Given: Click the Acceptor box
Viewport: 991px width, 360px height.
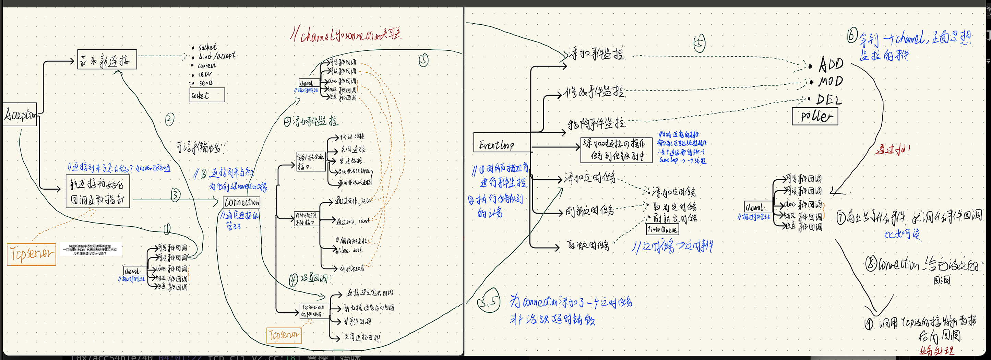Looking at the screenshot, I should pos(20,114).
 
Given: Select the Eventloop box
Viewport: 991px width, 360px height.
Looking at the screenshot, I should pos(502,143).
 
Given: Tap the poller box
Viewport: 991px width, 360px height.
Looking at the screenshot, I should pos(815,116).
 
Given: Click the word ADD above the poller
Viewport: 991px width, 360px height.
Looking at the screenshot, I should pos(831,64).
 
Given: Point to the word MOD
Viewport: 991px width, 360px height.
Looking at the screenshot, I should pos(831,82).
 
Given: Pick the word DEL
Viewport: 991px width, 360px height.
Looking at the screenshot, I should pos(829,100).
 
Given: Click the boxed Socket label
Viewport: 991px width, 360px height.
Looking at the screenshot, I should pos(207,95).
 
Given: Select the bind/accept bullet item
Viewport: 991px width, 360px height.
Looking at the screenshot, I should pos(217,56).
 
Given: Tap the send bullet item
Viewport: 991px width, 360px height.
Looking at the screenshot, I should pos(205,83).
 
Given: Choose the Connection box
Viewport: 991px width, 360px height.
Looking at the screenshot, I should pos(242,202).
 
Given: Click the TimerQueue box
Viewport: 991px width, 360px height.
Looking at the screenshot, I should pos(662,230).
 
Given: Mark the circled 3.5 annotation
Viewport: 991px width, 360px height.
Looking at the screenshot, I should pos(488,300).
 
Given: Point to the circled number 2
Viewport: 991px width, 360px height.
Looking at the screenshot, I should pos(170,119).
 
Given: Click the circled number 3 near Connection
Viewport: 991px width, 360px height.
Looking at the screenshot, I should pos(176,195).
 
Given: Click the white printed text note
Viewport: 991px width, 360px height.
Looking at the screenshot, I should pos(91,249).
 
